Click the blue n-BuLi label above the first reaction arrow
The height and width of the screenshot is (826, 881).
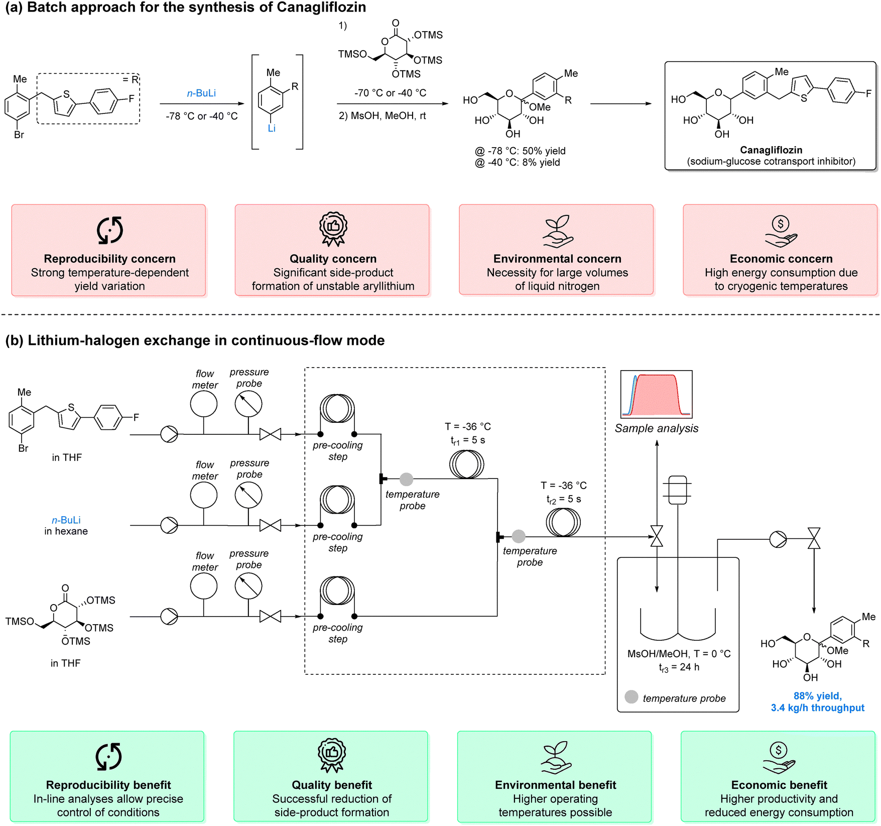[201, 93]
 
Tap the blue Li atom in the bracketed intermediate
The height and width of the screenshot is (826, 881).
[272, 129]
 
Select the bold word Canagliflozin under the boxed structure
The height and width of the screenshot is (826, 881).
[771, 150]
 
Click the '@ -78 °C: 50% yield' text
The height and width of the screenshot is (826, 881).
[520, 151]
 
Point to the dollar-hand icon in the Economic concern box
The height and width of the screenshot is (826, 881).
[781, 231]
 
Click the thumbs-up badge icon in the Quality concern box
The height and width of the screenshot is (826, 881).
[333, 229]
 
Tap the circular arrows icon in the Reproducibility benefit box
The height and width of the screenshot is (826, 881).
[109, 756]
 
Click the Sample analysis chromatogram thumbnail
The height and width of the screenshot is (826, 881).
[656, 394]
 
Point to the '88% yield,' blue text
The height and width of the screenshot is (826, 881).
[817, 696]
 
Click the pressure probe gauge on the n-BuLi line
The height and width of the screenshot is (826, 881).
[248, 495]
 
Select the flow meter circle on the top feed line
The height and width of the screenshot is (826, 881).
[204, 404]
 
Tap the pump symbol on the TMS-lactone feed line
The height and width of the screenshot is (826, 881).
[169, 616]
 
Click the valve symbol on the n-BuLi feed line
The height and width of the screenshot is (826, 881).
[270, 525]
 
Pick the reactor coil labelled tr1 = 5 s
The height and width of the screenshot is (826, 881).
[466, 464]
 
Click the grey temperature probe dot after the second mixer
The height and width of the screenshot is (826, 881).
[519, 537]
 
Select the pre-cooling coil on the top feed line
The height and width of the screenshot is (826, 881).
[337, 409]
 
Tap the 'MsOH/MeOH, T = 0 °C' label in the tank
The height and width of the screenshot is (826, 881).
[679, 654]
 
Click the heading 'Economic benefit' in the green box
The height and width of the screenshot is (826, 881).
[779, 785]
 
